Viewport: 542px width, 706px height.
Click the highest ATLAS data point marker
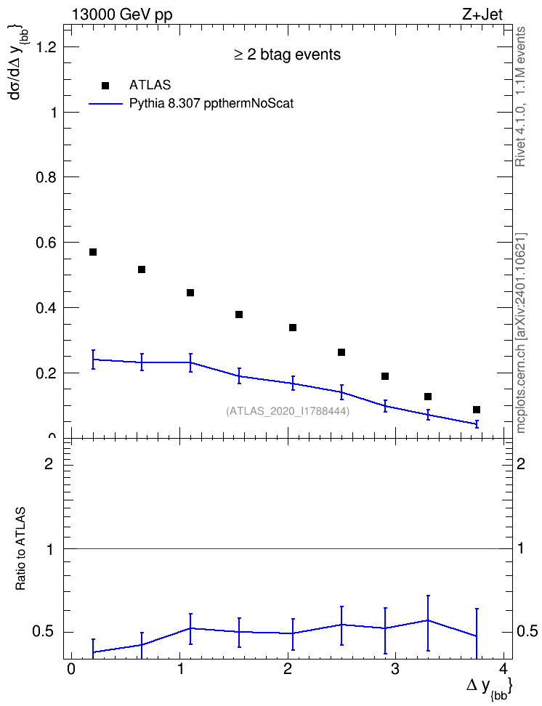click(x=93, y=252)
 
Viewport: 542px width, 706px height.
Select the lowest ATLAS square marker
click(x=476, y=409)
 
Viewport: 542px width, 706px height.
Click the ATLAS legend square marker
click(x=105, y=86)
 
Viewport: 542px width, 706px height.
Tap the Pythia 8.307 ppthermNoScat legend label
click(x=211, y=104)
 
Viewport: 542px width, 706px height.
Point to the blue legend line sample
click(x=105, y=104)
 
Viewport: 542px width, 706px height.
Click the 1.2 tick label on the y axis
click(x=46, y=46)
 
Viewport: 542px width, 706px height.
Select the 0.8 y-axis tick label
click(x=46, y=177)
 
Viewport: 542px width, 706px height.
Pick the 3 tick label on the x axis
click(x=395, y=668)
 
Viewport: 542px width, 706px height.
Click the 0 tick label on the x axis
click(x=70, y=668)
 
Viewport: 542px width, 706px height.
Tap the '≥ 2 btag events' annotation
click(x=288, y=54)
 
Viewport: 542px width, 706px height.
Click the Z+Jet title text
click(x=482, y=15)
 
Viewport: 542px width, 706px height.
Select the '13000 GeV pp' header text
click(x=122, y=15)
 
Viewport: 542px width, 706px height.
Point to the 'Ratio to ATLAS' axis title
click(x=20, y=549)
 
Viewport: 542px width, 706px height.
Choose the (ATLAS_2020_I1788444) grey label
click(x=288, y=411)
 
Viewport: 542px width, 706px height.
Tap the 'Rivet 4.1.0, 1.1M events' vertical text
click(x=520, y=97)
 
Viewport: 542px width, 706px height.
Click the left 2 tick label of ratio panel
click(x=49, y=463)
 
